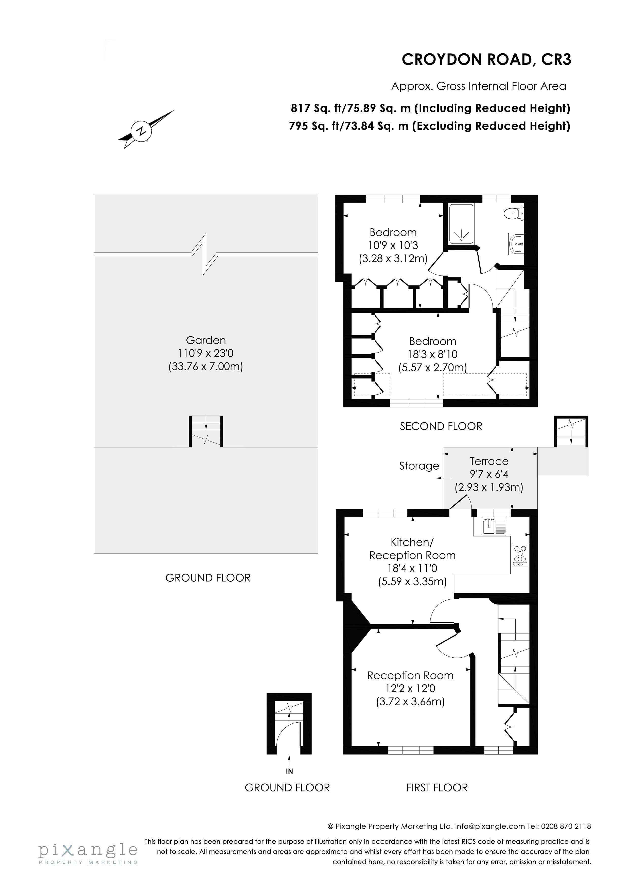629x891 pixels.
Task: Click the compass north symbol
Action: pyautogui.click(x=143, y=130)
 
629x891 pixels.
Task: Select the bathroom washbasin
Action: pyautogui.click(x=516, y=244)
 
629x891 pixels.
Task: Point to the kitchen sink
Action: pyautogui.click(x=494, y=527)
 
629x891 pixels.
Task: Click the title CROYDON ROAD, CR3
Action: pyautogui.click(x=486, y=59)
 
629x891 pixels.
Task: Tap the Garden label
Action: pyautogui.click(x=206, y=340)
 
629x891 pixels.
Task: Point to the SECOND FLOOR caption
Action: pyautogui.click(x=441, y=426)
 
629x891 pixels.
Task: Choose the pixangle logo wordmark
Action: pyautogui.click(x=88, y=850)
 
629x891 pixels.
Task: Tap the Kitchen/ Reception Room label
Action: pyautogui.click(x=412, y=549)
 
